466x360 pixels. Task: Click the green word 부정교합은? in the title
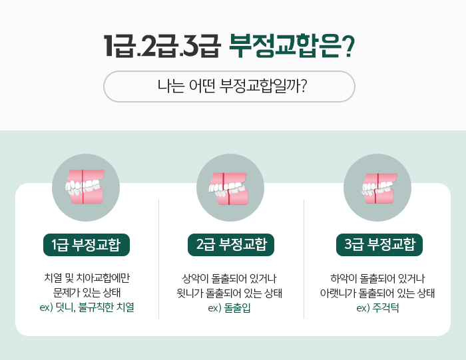pos(292,46)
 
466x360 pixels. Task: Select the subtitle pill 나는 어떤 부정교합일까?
pos(229,87)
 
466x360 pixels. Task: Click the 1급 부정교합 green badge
pos(86,244)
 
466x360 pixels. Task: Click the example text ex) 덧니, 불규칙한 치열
pos(87,307)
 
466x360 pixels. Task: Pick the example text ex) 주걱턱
pos(377,307)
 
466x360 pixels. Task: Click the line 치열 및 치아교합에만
pos(87,277)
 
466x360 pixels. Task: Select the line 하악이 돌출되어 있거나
pos(377,277)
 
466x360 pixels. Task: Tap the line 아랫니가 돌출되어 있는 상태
pos(377,293)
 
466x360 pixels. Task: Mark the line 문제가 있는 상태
pos(87,293)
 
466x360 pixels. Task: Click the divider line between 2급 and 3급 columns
pos(304,260)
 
